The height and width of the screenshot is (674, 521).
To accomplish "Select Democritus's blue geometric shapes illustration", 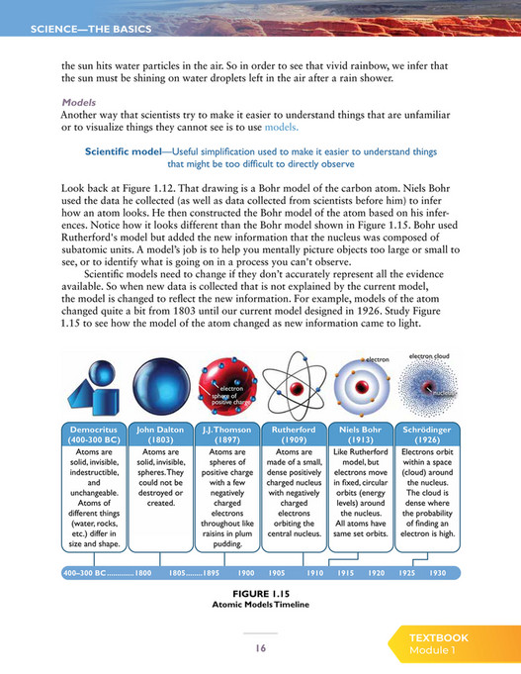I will [95, 386].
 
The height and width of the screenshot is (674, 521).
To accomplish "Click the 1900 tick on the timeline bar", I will [247, 573].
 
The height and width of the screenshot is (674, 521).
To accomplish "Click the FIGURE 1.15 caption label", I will [262, 593].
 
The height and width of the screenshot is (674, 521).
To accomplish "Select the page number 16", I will [261, 648].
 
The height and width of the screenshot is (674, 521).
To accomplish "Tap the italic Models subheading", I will [78, 102].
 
